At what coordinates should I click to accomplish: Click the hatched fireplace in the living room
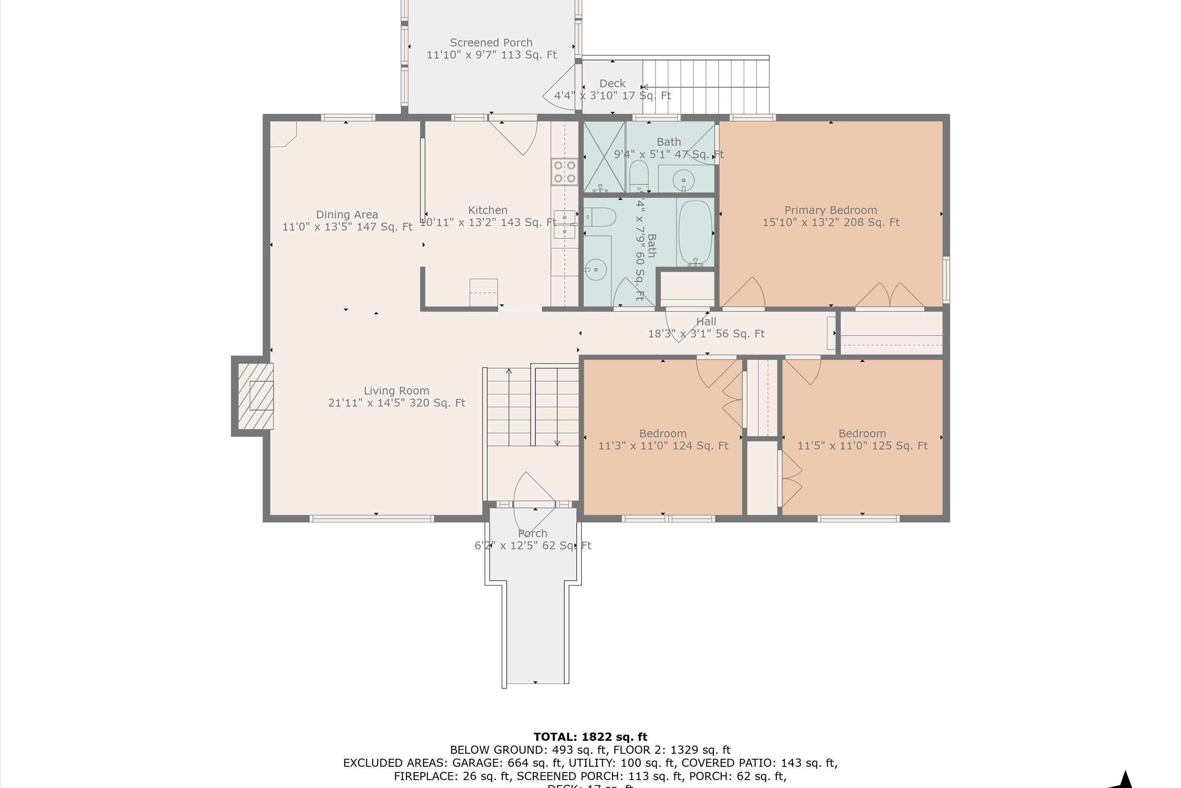click(255, 396)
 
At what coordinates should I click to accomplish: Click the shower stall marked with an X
click(604, 156)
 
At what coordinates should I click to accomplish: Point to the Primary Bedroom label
click(831, 210)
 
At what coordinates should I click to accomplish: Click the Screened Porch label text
click(491, 43)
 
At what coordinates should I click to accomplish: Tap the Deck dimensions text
click(612, 95)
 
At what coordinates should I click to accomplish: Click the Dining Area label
click(346, 215)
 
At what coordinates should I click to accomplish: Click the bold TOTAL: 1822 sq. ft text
click(590, 737)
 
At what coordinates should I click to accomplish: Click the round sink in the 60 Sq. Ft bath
click(596, 270)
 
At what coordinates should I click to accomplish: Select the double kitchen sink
click(565, 224)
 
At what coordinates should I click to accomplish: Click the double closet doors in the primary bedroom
click(890, 295)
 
